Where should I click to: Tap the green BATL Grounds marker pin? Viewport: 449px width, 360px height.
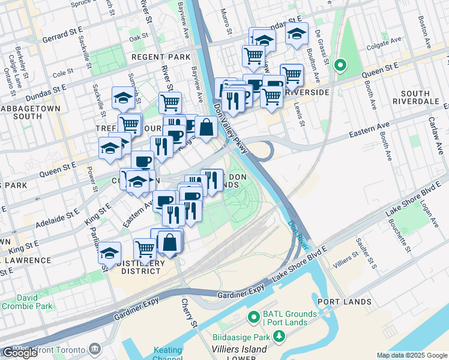click(x=253, y=316)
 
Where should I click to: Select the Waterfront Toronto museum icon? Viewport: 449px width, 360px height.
click(x=95, y=349)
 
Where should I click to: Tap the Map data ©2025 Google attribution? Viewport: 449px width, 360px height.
click(x=412, y=355)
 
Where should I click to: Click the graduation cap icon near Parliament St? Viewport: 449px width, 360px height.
click(x=109, y=252)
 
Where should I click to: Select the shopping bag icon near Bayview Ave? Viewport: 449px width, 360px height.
click(x=206, y=127)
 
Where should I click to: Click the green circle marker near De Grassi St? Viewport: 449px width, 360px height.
click(x=340, y=65)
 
